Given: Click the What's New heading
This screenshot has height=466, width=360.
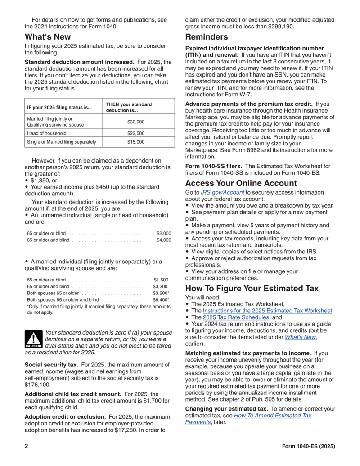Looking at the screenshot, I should [47, 36].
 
